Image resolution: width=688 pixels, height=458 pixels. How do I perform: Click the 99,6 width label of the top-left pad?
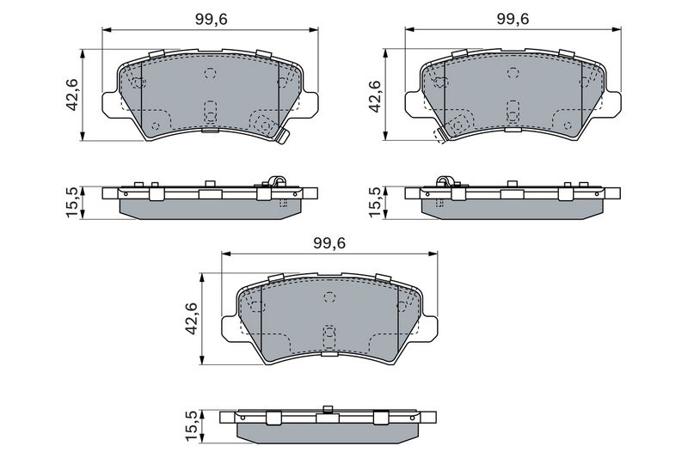click(x=211, y=20)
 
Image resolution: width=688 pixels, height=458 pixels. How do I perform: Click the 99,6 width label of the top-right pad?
click(x=513, y=19)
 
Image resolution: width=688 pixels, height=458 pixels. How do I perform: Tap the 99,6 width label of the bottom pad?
click(x=329, y=243)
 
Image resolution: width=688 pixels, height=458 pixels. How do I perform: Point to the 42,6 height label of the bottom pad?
click(x=191, y=319)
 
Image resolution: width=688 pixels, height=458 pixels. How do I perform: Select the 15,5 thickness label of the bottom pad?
click(x=191, y=426)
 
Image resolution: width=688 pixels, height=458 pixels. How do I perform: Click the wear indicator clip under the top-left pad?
click(x=282, y=136)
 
